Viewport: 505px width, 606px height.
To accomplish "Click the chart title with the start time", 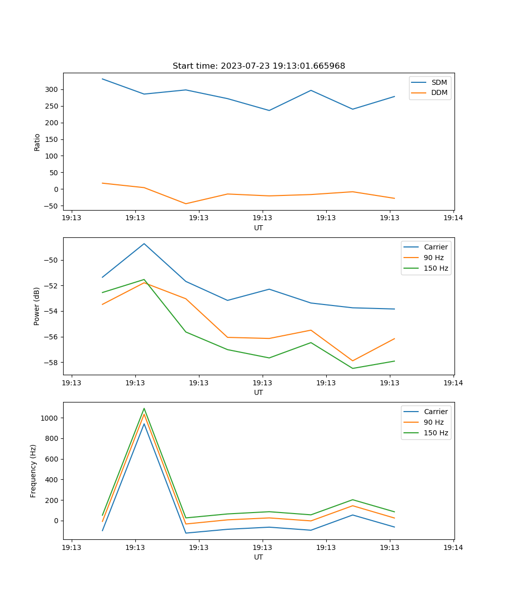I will click(259, 66).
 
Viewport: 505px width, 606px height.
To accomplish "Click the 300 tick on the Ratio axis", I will click(53, 89).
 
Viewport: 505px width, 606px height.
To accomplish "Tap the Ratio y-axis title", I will click(37, 142).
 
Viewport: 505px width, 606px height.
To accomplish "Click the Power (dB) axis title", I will click(37, 306).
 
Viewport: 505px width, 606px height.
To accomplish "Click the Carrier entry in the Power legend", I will click(435, 247).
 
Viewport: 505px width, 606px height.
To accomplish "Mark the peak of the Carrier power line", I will click(144, 243).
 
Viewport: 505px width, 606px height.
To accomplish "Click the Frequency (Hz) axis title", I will click(33, 471).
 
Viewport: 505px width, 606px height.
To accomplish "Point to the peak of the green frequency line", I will click(144, 409).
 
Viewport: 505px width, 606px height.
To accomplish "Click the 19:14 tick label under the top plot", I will click(453, 218).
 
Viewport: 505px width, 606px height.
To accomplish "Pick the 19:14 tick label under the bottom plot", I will click(453, 547).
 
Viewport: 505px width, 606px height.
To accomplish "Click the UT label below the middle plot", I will click(259, 392).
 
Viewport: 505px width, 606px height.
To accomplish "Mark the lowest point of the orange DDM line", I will click(186, 204).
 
